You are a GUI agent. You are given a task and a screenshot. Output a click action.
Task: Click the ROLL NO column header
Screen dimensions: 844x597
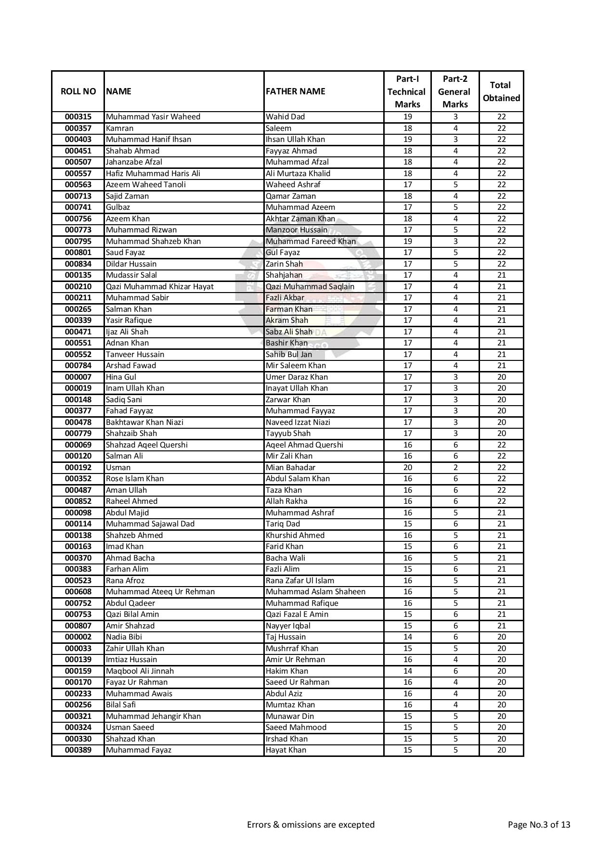pyautogui.click(x=78, y=91)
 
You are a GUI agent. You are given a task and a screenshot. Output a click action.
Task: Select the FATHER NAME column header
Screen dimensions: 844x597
pyautogui.click(x=296, y=91)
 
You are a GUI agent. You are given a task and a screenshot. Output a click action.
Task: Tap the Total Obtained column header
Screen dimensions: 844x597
pyautogui.click(x=501, y=91)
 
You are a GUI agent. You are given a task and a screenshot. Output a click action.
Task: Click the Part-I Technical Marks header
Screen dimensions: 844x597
pyautogui.click(x=407, y=91)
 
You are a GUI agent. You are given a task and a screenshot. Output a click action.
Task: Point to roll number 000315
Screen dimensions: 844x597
pyautogui.click(x=78, y=117)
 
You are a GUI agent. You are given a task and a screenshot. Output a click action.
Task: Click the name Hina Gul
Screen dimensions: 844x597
pyautogui.click(x=121, y=377)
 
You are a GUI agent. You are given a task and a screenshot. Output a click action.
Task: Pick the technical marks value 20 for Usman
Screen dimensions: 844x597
pyautogui.click(x=407, y=468)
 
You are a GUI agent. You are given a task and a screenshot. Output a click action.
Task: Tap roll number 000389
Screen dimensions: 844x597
pyautogui.click(x=78, y=750)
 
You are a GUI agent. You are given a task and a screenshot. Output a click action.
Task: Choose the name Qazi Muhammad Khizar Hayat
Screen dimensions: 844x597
pyautogui.click(x=160, y=287)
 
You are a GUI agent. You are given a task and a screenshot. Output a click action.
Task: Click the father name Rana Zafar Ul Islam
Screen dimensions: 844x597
pyautogui.click(x=300, y=581)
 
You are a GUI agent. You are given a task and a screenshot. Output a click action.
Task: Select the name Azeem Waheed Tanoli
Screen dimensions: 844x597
pyautogui.click(x=146, y=185)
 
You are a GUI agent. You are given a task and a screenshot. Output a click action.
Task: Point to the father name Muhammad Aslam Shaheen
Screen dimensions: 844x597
pyautogui.click(x=315, y=592)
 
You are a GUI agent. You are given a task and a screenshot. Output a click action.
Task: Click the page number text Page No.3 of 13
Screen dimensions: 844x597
pyautogui.click(x=539, y=825)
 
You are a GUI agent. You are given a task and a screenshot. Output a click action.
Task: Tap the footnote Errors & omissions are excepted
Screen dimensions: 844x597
pyautogui.click(x=311, y=825)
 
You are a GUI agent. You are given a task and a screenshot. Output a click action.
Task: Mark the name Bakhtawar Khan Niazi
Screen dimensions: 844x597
pyautogui.click(x=144, y=422)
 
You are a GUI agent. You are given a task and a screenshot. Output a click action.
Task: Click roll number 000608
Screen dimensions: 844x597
pyautogui.click(x=78, y=592)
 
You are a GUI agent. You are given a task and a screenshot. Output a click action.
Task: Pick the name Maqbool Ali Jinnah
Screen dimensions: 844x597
pyautogui.click(x=140, y=671)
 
